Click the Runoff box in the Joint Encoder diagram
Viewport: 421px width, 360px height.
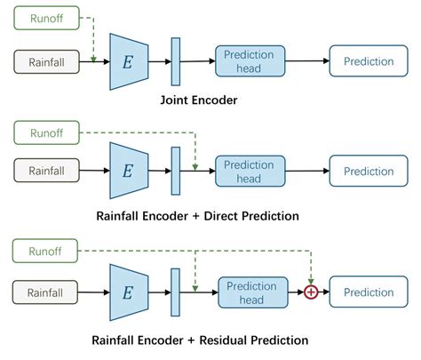(46, 16)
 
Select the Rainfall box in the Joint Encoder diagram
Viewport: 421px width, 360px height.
(46, 61)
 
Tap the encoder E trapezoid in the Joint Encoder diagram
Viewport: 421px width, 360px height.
(127, 61)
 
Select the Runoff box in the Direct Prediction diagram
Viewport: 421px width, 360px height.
(46, 133)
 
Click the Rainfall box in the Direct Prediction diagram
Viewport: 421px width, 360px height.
(46, 171)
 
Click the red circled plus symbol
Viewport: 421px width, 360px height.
(311, 292)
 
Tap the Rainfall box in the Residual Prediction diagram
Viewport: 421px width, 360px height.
(46, 292)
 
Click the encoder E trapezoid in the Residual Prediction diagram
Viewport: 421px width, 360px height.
(127, 292)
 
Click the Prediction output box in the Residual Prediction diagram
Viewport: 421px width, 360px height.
(368, 292)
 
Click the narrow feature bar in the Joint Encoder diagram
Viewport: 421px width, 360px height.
(175, 61)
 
